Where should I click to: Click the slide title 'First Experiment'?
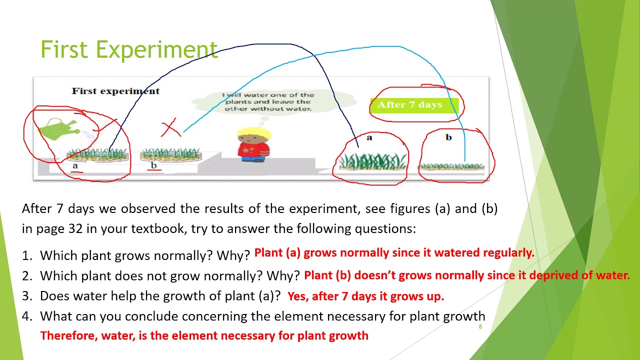pos(129,49)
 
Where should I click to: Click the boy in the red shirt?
pos(254,144)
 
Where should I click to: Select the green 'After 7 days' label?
pos(410,105)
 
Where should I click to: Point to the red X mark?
pos(170,128)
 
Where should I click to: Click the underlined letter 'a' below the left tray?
pos(75,166)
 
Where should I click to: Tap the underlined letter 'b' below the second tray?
pos(154,165)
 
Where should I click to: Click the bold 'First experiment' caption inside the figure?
pos(115,91)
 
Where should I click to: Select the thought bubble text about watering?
pos(268,101)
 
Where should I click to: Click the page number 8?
pos(480,327)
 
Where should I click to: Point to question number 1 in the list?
pos(26,256)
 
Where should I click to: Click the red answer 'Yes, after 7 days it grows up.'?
pos(365,296)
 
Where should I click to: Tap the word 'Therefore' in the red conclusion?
pos(68,335)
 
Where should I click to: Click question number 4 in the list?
pos(26,316)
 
